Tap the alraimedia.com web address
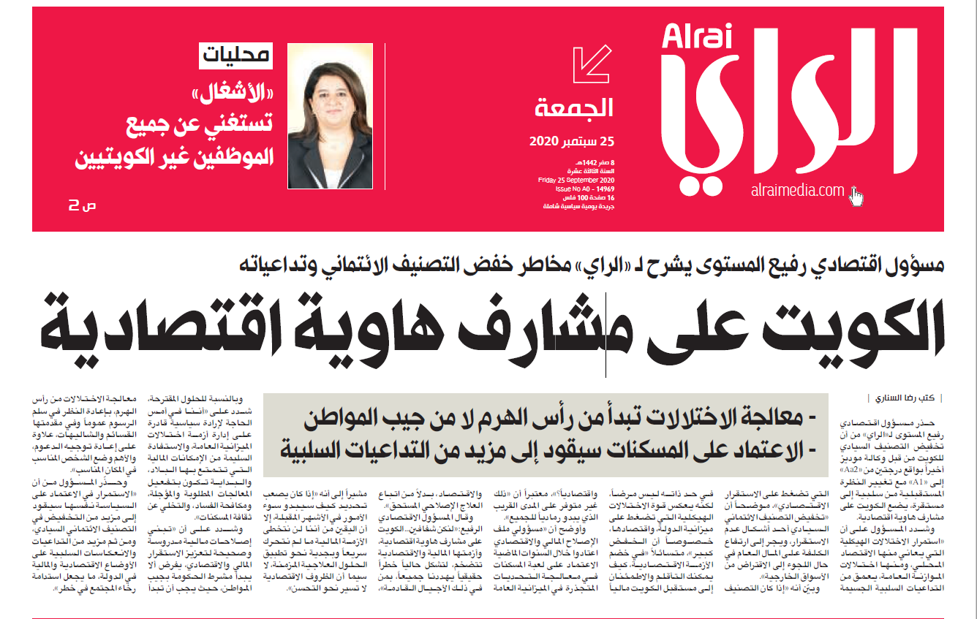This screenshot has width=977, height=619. [x=796, y=191]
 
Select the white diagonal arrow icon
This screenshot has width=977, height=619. [x=592, y=67]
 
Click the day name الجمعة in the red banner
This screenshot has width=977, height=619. [x=574, y=110]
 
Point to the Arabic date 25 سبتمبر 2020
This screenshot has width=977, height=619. [x=571, y=140]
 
